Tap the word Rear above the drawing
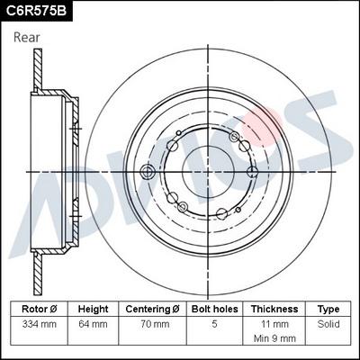click(27, 37)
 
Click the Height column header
click(93, 308)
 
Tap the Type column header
click(328, 308)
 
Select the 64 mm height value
click(93, 323)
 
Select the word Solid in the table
click(328, 323)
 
